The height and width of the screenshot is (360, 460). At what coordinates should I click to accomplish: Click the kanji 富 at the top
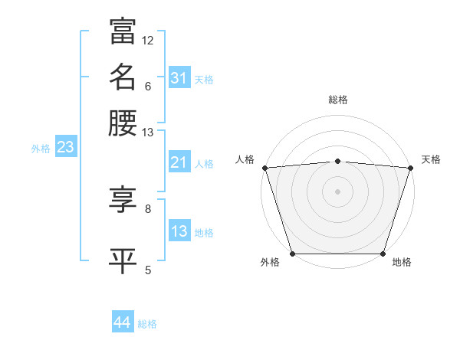coord(123,31)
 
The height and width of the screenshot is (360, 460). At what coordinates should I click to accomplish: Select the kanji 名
coord(123,77)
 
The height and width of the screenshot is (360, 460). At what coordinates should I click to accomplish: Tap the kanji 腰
coord(123,123)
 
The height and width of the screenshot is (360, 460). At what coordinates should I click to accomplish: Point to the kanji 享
coord(123,200)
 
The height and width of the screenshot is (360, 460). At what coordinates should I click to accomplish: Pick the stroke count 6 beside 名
coord(148,86)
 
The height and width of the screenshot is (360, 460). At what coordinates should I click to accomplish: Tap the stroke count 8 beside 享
coord(148,208)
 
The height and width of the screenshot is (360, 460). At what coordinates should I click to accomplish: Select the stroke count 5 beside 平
coord(148,269)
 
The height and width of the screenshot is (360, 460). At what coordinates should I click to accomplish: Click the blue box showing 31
coord(179,78)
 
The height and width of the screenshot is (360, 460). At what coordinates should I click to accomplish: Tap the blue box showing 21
coord(179,163)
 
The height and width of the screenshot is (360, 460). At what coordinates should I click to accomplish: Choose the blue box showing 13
coord(179,231)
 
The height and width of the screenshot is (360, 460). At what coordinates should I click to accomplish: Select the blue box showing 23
coord(65,148)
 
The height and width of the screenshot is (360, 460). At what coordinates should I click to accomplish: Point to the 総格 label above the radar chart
coord(337,100)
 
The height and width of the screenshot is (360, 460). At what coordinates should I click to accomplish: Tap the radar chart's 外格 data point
coord(293,254)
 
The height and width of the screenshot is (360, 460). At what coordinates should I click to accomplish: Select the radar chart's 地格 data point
coord(383,254)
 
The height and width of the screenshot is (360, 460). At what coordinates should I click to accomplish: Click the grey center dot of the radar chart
coord(337,191)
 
